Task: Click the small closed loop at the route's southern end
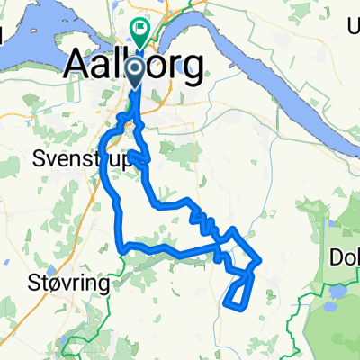point(238,292)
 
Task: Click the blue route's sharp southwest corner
point(121,250)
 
